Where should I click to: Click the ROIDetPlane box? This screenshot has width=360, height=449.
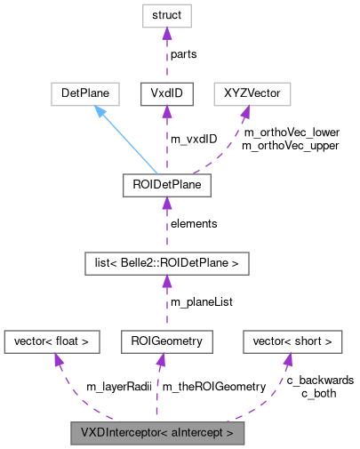(x=165, y=185)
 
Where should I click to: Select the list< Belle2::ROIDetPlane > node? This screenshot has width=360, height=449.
(x=165, y=262)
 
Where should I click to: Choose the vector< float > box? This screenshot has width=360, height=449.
(x=52, y=341)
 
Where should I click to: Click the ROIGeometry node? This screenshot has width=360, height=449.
(x=166, y=341)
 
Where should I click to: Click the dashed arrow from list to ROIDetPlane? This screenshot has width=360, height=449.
(x=165, y=223)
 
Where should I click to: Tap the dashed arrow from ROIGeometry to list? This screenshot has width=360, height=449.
(x=165, y=301)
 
